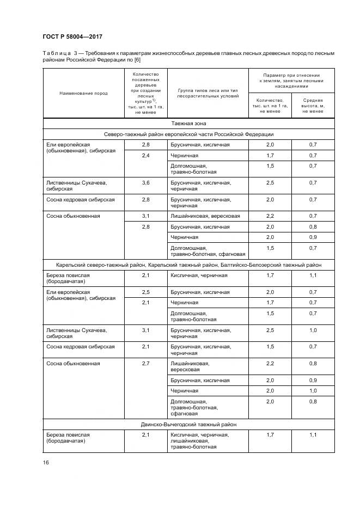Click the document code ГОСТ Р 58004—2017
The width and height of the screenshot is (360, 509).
(72, 36)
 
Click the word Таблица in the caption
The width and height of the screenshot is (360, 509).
(56, 53)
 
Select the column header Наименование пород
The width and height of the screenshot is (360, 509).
(83, 93)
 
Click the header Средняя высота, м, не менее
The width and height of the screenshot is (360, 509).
(313, 106)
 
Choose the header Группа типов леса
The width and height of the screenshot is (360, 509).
(208, 93)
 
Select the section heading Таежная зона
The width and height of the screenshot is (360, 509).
(188, 124)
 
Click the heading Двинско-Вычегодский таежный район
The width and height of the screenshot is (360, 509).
(188, 424)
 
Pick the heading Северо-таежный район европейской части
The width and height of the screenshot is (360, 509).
(188, 134)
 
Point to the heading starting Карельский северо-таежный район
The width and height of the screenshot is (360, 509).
(188, 265)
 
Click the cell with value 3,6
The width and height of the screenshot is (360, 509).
(145, 183)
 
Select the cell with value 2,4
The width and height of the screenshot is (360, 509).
(145, 156)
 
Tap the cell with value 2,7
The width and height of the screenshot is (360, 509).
(145, 363)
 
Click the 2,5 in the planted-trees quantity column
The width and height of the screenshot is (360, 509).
(145, 292)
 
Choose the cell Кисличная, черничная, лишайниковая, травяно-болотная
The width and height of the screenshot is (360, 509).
(199, 441)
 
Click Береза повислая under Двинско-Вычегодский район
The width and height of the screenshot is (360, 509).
(68, 438)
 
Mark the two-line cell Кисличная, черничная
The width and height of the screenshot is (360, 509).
(199, 275)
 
